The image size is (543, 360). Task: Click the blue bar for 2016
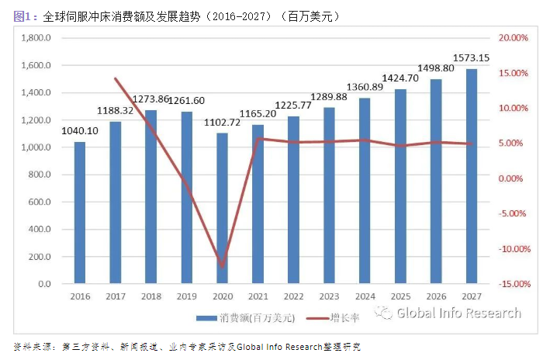click(79, 213)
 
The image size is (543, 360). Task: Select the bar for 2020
click(222, 208)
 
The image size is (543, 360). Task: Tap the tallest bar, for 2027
click(472, 176)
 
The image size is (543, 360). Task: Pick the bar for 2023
click(329, 196)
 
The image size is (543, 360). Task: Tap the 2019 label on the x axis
click(186, 296)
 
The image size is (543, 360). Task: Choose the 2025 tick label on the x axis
click(400, 296)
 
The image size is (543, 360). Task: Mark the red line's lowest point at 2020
click(223, 267)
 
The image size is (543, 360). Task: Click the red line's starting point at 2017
click(115, 78)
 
